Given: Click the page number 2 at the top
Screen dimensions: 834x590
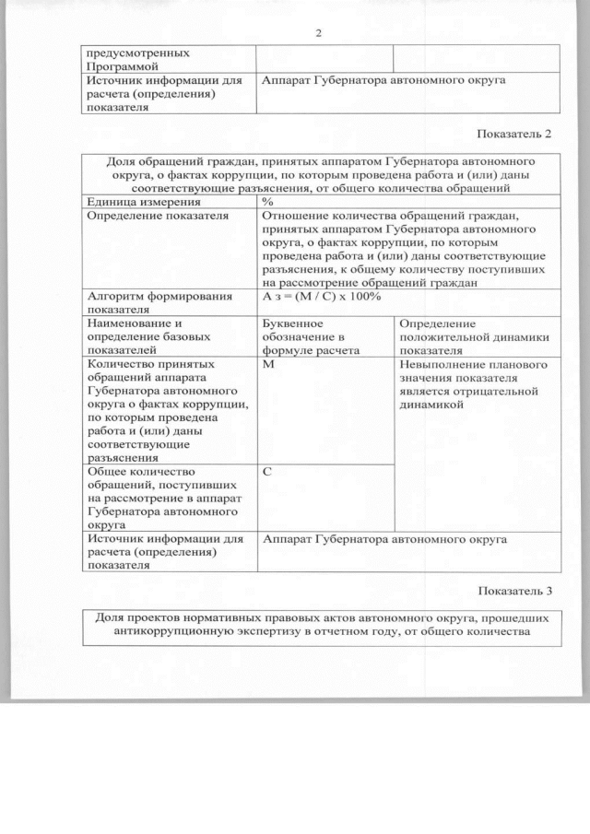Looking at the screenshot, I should tap(318, 33).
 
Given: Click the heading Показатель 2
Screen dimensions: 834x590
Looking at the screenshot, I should tap(515, 134).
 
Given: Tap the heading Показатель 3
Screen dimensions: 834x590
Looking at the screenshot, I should tap(515, 590).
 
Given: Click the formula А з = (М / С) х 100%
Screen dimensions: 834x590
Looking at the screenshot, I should tap(316, 296).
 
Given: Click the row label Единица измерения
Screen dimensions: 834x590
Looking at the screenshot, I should tap(143, 200).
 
